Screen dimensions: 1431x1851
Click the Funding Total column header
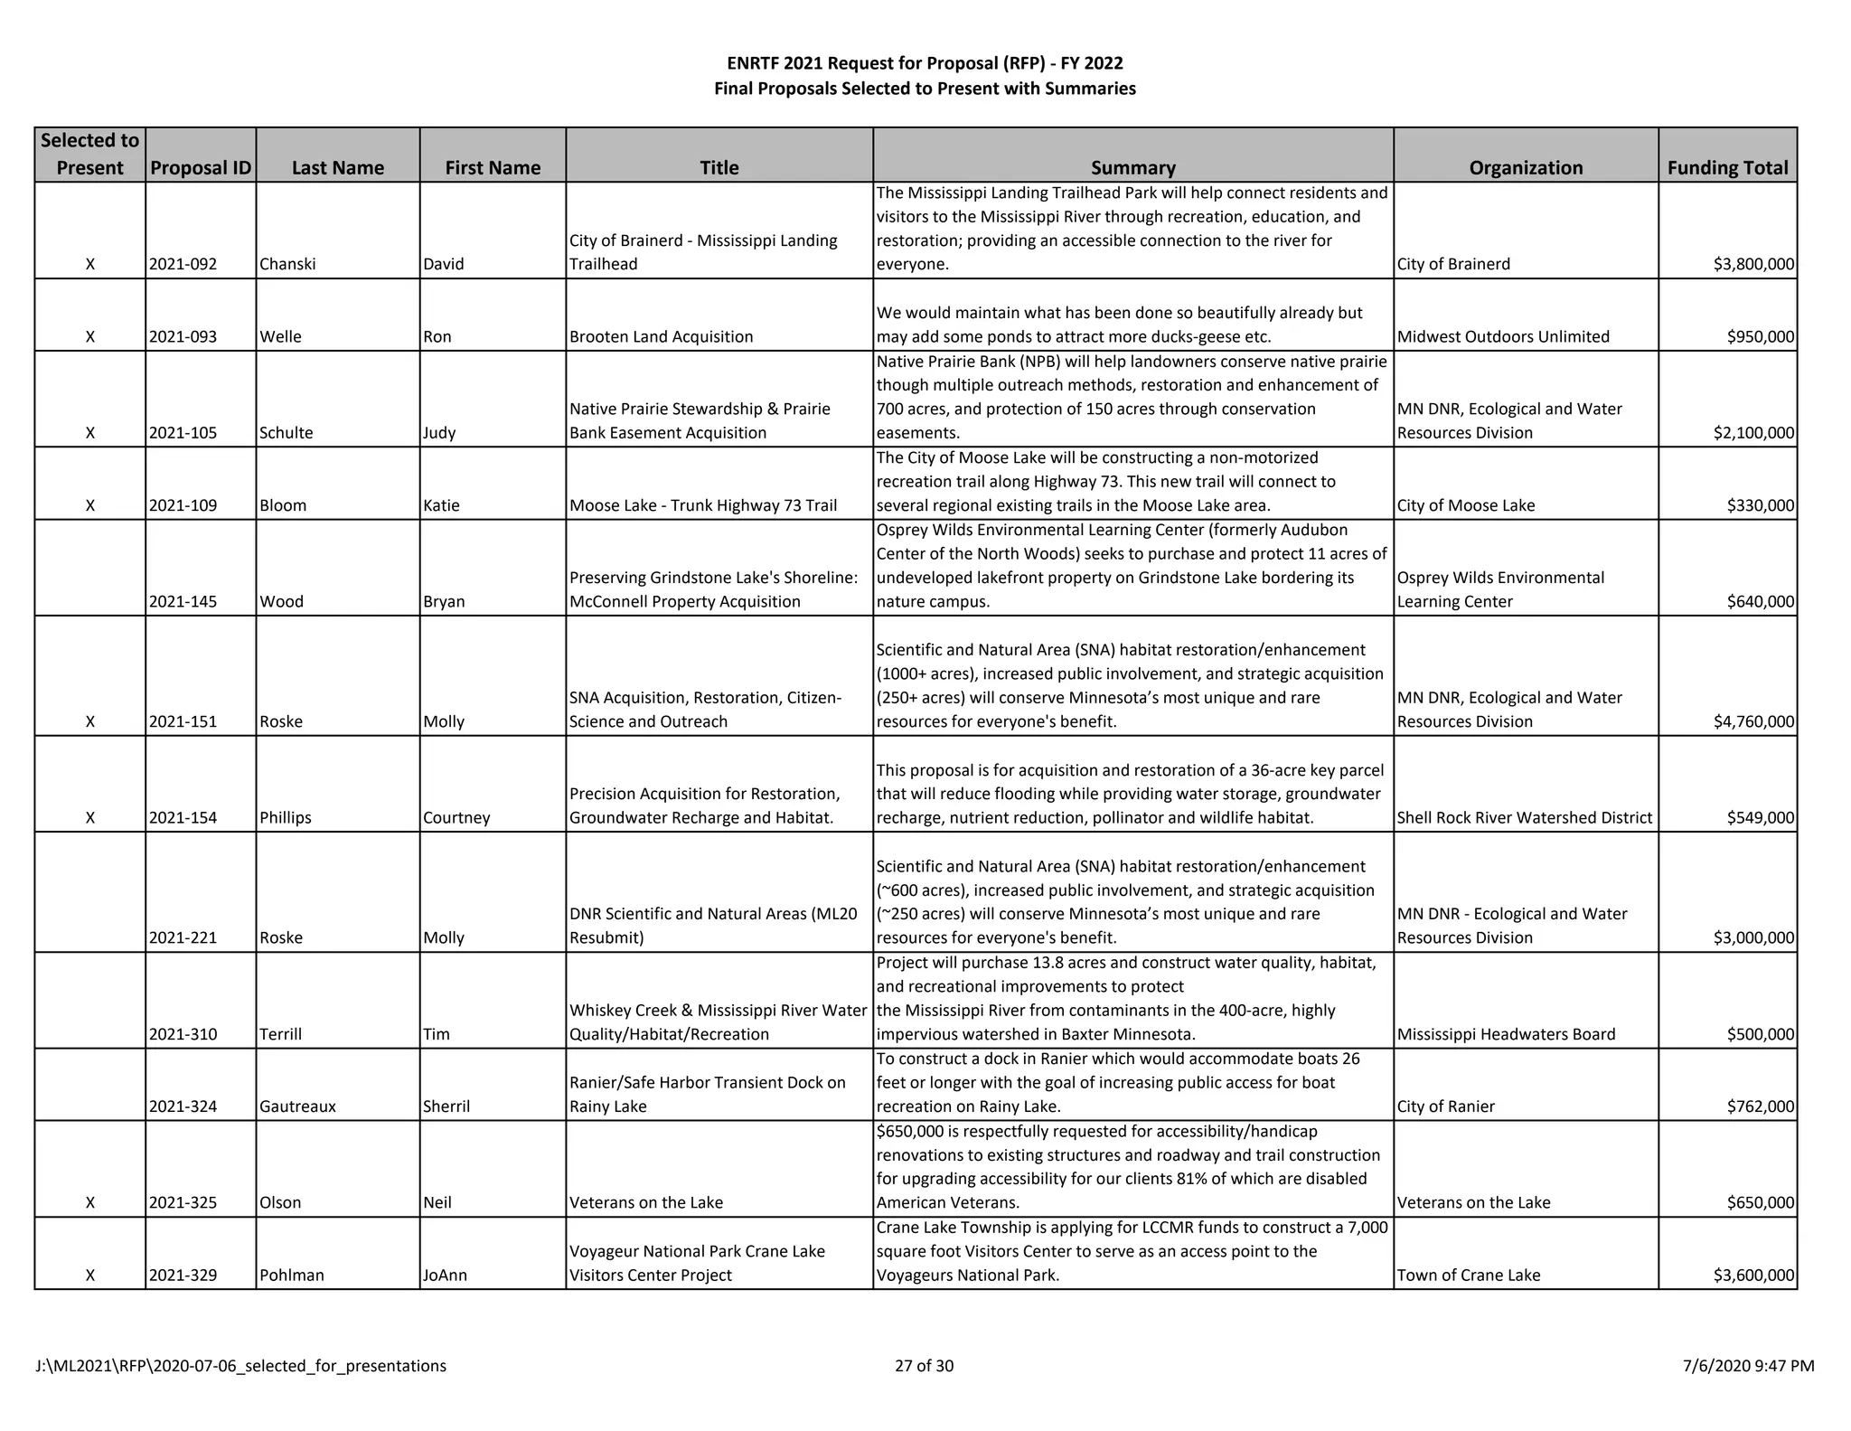(1727, 167)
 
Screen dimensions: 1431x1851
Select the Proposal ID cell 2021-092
(183, 264)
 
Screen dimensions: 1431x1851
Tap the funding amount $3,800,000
(1753, 264)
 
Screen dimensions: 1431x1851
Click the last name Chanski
(287, 264)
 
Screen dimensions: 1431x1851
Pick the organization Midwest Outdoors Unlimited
(1503, 336)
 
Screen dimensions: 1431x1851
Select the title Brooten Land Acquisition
(661, 336)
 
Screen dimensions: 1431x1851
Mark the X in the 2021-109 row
(89, 505)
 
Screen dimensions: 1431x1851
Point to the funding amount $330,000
(1760, 505)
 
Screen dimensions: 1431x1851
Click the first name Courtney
(456, 817)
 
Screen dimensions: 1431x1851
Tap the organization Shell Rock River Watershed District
(1525, 817)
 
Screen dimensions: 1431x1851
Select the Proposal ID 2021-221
(183, 937)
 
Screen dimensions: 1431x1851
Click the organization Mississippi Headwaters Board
(1506, 1034)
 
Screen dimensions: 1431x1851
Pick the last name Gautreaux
(297, 1106)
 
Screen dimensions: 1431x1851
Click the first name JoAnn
(445, 1275)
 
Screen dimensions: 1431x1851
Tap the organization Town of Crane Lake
(1469, 1275)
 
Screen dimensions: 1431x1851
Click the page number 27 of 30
(924, 1365)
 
